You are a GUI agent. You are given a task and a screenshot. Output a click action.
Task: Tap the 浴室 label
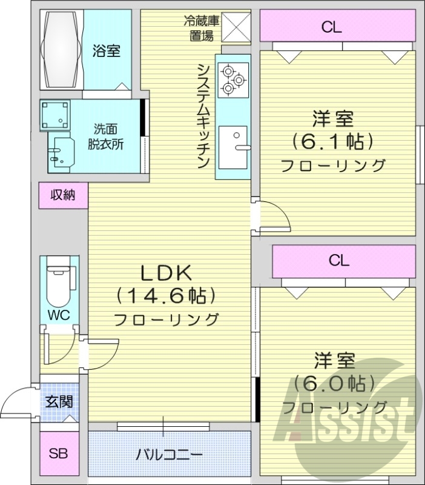106,51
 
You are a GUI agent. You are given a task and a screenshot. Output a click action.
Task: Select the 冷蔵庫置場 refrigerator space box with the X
236,27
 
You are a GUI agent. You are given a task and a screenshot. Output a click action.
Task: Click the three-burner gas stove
233,79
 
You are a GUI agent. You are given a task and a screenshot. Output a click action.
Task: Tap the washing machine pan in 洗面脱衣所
56,115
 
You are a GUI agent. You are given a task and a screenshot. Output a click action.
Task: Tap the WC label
59,315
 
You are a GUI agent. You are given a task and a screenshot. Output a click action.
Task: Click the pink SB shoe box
58,453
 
